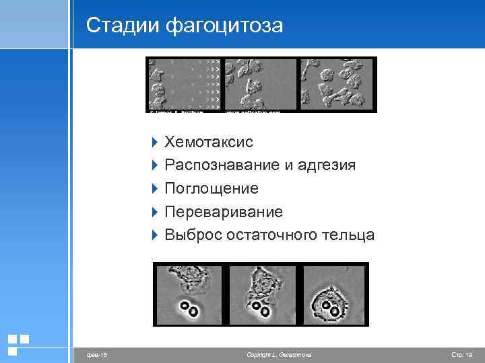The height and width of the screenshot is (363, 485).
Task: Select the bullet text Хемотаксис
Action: (209, 142)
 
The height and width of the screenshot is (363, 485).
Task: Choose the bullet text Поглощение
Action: (212, 189)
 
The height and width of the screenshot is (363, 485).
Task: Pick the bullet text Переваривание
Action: (224, 212)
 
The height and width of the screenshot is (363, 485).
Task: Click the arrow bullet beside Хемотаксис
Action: (155, 143)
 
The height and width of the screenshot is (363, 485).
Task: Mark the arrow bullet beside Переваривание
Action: (155, 212)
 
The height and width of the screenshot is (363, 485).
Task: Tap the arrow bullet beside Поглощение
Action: (155, 189)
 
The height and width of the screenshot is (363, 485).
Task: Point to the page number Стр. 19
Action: (461, 354)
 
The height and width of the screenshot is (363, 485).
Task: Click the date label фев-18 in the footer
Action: (88, 354)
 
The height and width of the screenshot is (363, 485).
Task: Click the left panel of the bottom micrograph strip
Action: (189, 294)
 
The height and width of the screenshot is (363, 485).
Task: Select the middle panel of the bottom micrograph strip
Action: (261, 294)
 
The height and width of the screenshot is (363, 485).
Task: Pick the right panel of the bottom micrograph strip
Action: (333, 294)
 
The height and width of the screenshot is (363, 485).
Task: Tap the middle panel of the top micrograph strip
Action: (261, 84)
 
